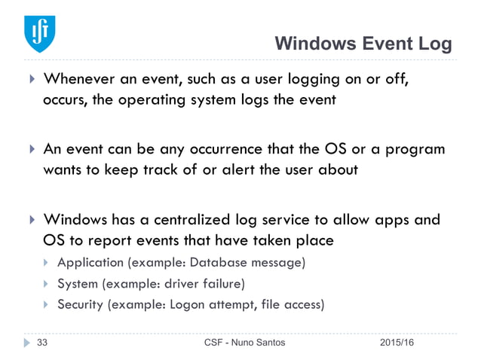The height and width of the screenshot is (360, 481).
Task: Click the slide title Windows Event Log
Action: coord(363,44)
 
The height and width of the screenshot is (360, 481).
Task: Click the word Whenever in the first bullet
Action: coord(80,80)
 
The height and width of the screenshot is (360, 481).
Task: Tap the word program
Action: coord(414,149)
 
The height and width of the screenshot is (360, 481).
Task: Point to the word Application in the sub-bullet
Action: coord(92,263)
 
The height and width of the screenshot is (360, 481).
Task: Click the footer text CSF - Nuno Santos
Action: coord(245,343)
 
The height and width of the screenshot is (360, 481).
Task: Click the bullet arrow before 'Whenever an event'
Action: coord(31,80)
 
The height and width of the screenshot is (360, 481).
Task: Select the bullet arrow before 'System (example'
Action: coord(47,284)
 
